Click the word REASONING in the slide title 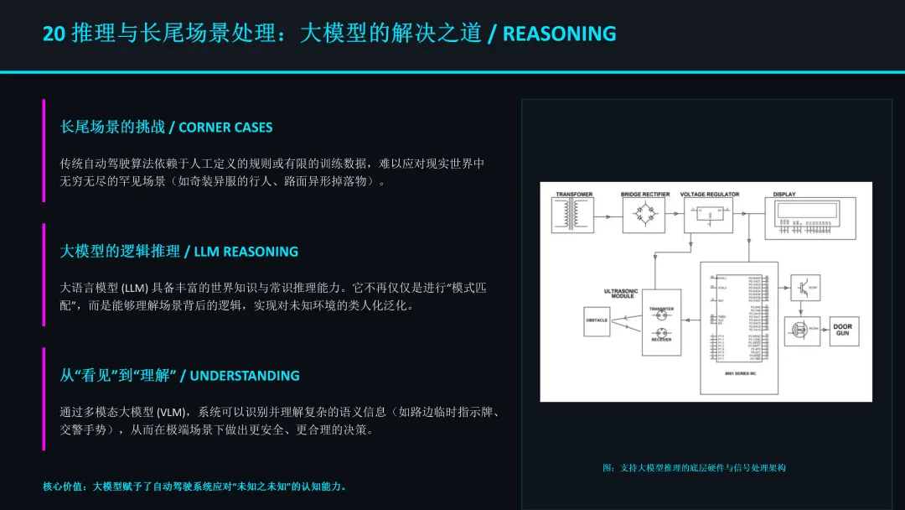tap(559, 34)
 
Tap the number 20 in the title tap(54, 34)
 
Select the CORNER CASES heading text tap(225, 127)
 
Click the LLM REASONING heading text tap(246, 252)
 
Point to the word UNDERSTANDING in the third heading tap(245, 376)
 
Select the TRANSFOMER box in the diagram tap(573, 216)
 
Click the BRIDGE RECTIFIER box tap(644, 216)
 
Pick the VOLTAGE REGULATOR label tap(710, 195)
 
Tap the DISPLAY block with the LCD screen tap(810, 219)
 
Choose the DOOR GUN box tap(842, 330)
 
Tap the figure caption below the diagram tap(694, 468)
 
